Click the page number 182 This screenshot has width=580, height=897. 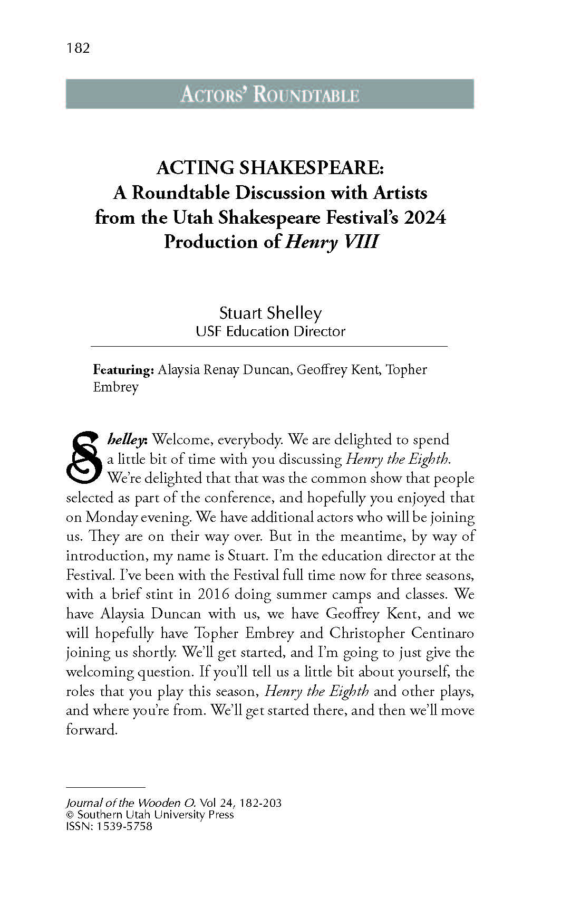point(78,49)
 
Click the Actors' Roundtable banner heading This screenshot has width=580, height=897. point(269,94)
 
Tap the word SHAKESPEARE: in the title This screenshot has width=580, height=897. point(312,168)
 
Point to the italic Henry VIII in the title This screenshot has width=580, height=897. point(332,242)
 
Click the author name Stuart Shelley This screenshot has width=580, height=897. point(270,313)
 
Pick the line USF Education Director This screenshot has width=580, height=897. point(270,331)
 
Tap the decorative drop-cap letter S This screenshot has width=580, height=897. point(83,458)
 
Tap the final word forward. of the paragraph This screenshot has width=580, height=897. point(91,730)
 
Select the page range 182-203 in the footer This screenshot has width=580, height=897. point(260,803)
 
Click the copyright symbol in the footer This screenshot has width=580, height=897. point(70,815)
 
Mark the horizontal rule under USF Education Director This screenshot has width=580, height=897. point(269,346)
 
